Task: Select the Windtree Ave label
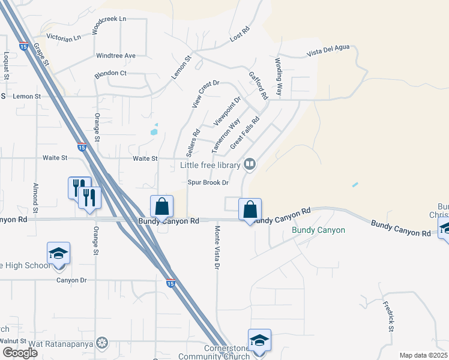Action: click(116, 56)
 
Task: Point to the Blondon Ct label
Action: click(110, 73)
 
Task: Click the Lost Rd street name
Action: click(240, 35)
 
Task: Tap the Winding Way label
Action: click(279, 77)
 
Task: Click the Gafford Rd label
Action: click(258, 86)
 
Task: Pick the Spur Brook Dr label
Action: click(209, 182)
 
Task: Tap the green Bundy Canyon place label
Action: click(318, 230)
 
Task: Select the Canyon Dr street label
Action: click(71, 280)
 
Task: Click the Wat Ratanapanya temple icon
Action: click(103, 343)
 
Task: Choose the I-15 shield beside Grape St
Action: click(25, 46)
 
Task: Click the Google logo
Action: click(20, 353)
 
